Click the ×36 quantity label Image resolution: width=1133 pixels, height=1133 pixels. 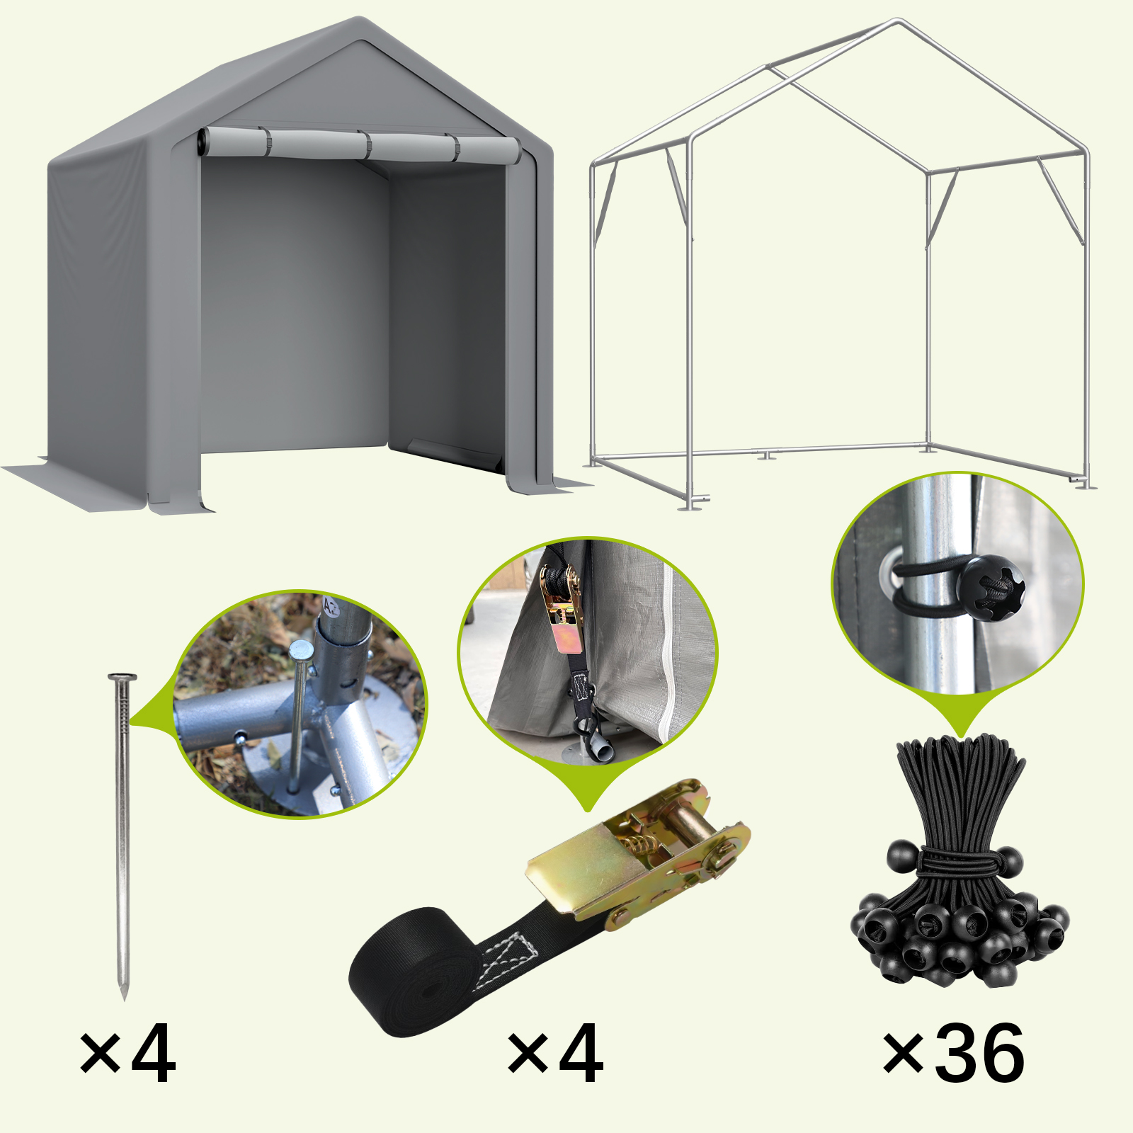pyautogui.click(x=953, y=1054)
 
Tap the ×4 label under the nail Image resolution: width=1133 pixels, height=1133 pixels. pyautogui.click(x=127, y=1054)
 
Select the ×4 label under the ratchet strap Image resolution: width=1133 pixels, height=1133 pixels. pyautogui.click(x=556, y=1054)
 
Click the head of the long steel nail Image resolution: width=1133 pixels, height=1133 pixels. pyautogui.click(x=122, y=678)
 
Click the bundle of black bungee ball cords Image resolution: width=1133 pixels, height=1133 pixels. pyautogui.click(x=960, y=860)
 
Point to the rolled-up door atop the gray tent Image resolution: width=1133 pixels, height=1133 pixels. pyautogui.click(x=360, y=145)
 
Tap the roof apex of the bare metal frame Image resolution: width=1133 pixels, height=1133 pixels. pyautogui.click(x=898, y=23)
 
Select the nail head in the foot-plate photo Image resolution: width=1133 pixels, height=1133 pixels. pyautogui.click(x=301, y=649)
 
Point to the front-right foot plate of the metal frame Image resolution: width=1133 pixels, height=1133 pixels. pyautogui.click(x=1082, y=484)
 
